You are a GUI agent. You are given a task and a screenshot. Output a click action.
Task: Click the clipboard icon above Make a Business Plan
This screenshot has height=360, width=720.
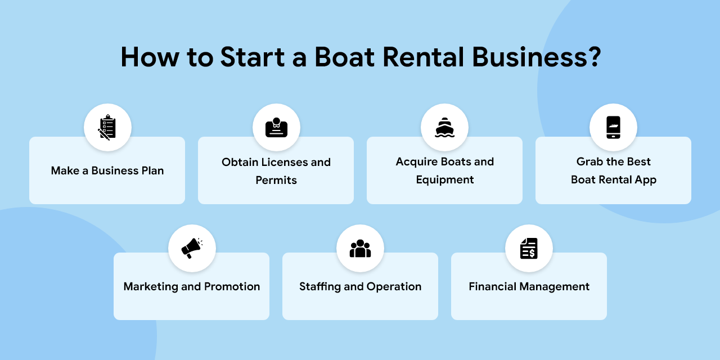click(x=107, y=128)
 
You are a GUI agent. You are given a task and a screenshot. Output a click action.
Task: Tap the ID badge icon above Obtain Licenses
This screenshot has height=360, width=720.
click(x=276, y=128)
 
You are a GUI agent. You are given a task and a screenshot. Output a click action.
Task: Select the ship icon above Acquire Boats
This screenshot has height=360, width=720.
click(x=444, y=128)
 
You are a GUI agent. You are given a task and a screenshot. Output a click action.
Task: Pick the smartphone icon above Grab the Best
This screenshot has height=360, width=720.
click(x=613, y=128)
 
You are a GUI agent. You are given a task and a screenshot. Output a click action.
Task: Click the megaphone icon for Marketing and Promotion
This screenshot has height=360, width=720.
click(x=192, y=248)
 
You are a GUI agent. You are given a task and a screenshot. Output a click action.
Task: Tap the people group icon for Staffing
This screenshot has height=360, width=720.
click(x=360, y=248)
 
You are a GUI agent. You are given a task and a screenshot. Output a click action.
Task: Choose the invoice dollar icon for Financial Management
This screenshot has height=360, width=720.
click(x=529, y=248)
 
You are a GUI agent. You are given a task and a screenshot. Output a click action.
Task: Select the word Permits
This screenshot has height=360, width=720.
click(x=276, y=181)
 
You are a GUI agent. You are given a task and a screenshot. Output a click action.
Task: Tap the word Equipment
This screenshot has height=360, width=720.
click(x=445, y=180)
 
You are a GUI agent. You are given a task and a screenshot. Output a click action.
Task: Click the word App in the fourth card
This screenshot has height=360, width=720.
click(x=645, y=180)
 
